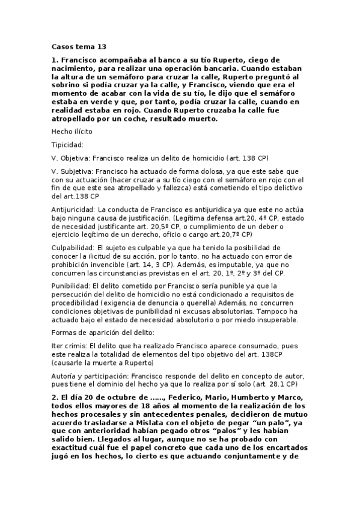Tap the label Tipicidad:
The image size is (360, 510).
pyautogui.click(x=67, y=145)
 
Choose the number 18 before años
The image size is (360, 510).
pyautogui.click(x=145, y=407)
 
